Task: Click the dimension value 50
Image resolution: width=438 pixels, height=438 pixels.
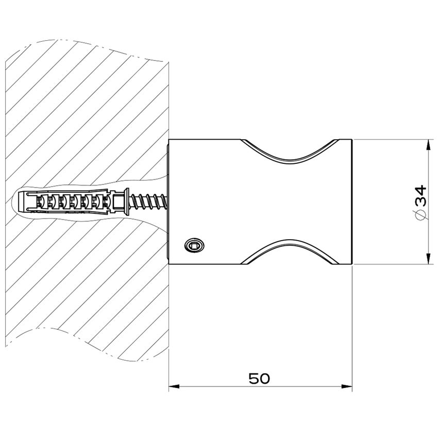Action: click(x=259, y=379)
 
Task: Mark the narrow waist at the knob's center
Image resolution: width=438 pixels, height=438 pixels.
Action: click(x=291, y=202)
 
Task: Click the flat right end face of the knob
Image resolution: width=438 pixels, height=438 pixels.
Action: click(x=351, y=202)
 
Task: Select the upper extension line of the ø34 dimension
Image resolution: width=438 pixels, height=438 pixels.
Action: click(x=392, y=140)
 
